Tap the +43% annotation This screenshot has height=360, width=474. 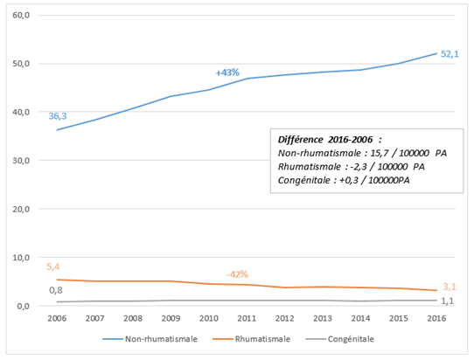pyautogui.click(x=227, y=73)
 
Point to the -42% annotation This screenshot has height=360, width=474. pyautogui.click(x=238, y=274)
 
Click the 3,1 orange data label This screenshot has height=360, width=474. pyautogui.click(x=450, y=286)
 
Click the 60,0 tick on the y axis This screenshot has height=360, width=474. pyautogui.click(x=21, y=16)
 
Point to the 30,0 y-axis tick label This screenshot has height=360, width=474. pyautogui.click(x=21, y=161)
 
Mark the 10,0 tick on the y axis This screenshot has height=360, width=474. pyautogui.click(x=21, y=258)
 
